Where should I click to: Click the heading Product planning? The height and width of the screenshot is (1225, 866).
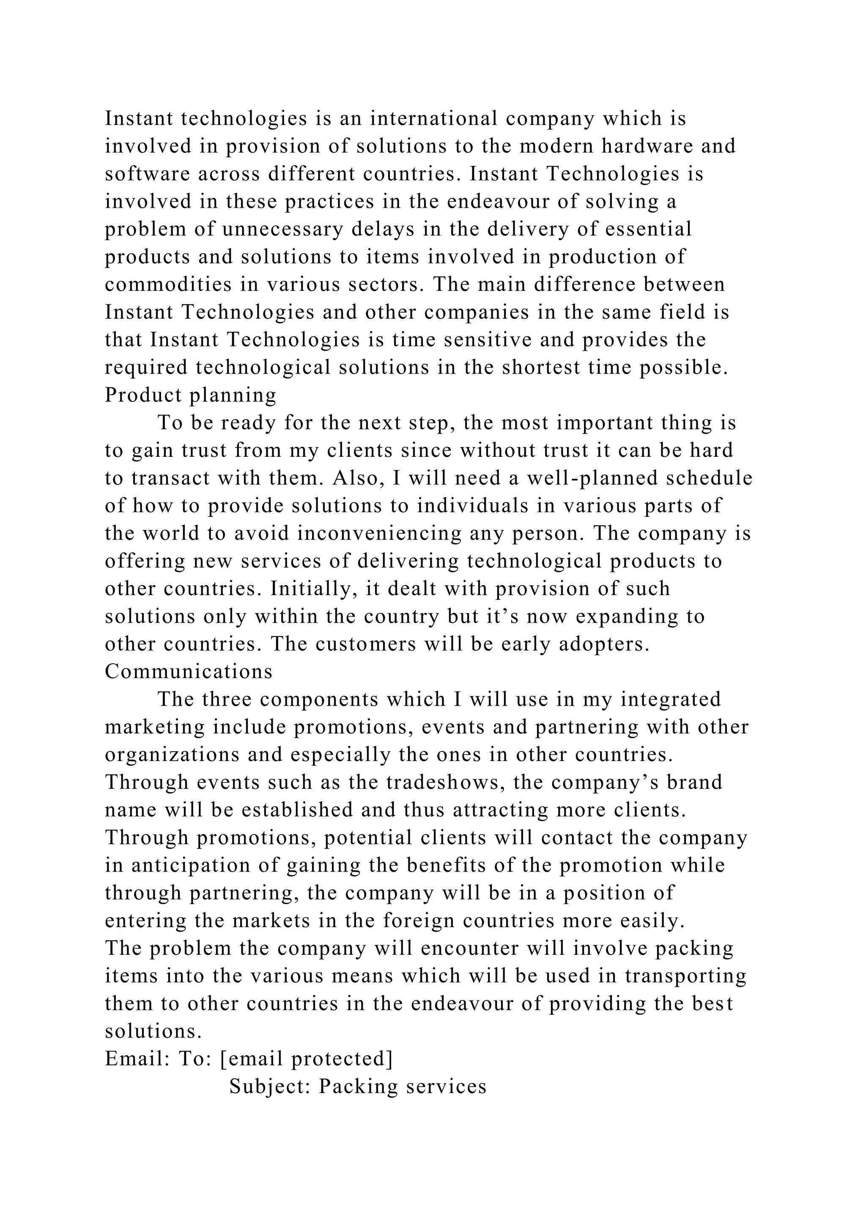point(190,396)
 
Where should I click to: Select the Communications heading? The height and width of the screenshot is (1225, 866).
point(189,671)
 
